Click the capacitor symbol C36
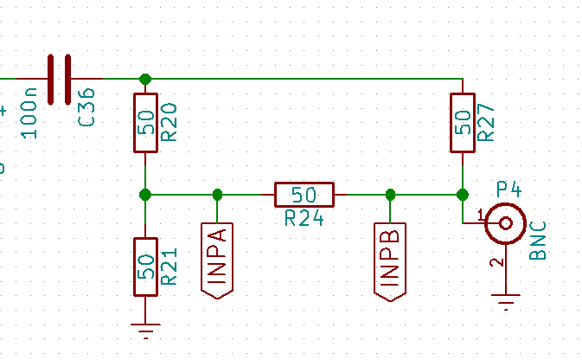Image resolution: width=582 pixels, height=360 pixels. click(59, 79)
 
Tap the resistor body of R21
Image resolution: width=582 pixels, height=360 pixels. click(145, 267)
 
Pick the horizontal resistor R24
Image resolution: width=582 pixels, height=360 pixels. click(304, 194)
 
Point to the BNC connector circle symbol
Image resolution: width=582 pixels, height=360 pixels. click(505, 223)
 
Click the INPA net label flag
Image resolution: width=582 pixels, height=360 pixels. click(217, 260)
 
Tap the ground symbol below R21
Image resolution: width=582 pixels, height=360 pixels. click(145, 329)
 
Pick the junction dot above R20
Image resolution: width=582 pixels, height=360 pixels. click(145, 79)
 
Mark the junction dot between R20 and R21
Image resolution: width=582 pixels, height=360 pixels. click(145, 194)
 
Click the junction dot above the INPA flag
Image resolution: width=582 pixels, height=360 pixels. click(217, 194)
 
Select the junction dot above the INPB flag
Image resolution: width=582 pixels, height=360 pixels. click(390, 194)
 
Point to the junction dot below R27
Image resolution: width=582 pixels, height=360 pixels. click(463, 194)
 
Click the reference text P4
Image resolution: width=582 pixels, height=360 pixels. click(510, 190)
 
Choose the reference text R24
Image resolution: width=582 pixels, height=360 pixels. click(304, 218)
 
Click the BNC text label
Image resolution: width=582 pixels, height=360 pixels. click(539, 241)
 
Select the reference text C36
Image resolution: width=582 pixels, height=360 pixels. click(86, 107)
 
